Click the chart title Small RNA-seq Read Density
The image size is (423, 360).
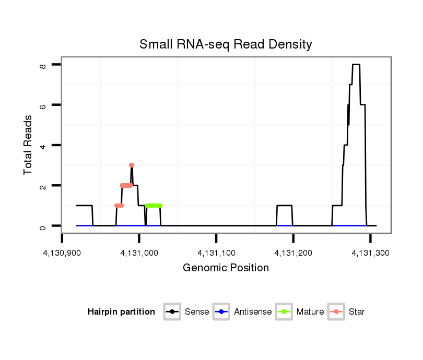point(226,44)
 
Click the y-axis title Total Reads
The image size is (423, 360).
point(29,145)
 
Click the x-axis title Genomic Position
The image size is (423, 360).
point(226,268)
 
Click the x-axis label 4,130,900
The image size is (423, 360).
point(62,253)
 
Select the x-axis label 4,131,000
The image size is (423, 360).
point(139,253)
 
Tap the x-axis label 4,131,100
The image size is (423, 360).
point(216,253)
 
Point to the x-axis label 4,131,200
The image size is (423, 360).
point(293,253)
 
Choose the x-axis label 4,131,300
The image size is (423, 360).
point(370,253)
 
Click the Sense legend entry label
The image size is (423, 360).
point(197,312)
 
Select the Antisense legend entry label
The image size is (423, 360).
point(252,312)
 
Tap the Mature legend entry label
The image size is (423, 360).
point(310,312)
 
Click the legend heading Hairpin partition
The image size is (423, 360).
point(121,312)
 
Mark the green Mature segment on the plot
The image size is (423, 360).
point(154,206)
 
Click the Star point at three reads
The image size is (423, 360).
point(132,165)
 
